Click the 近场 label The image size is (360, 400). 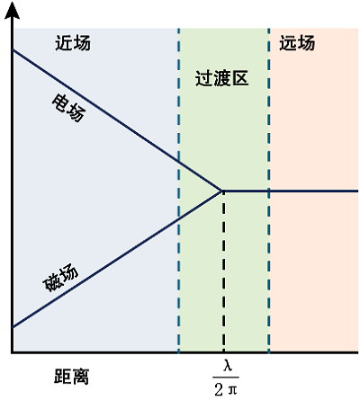point(73,43)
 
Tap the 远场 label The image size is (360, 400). point(297,43)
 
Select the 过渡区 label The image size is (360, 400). point(222,78)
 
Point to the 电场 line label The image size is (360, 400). point(68,108)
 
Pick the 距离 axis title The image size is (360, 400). point(71,376)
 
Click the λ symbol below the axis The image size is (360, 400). point(227,366)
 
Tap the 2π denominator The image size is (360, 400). point(226,389)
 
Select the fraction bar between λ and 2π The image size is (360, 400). point(226,378)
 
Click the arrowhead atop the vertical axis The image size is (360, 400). point(12,12)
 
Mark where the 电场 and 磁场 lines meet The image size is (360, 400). point(222,191)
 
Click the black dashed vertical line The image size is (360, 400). point(224,272)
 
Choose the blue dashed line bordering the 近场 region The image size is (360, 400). point(179,191)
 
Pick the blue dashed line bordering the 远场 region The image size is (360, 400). point(268,191)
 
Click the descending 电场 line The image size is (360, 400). point(117,120)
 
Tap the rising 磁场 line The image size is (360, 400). point(117,259)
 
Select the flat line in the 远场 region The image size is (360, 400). point(291,191)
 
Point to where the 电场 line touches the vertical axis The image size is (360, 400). point(13,49)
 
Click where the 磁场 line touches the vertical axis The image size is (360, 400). point(13,327)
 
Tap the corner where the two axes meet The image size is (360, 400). point(12,352)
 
